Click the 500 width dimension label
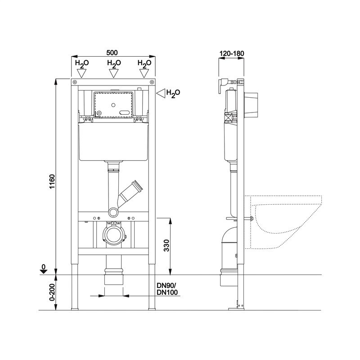tap(112, 53)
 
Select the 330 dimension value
tap(166, 245)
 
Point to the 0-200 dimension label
tap(52, 292)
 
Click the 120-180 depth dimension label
tap(232, 54)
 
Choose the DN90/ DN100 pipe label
tap(167, 289)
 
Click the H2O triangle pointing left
tap(161, 93)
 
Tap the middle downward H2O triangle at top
tap(113, 73)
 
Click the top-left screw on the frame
tap(75, 82)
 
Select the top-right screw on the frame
tap(152, 82)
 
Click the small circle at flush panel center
tap(113, 105)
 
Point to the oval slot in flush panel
tap(125, 112)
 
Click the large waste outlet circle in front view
tap(114, 234)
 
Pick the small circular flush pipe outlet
tap(113, 212)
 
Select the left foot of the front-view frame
tap(75, 309)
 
